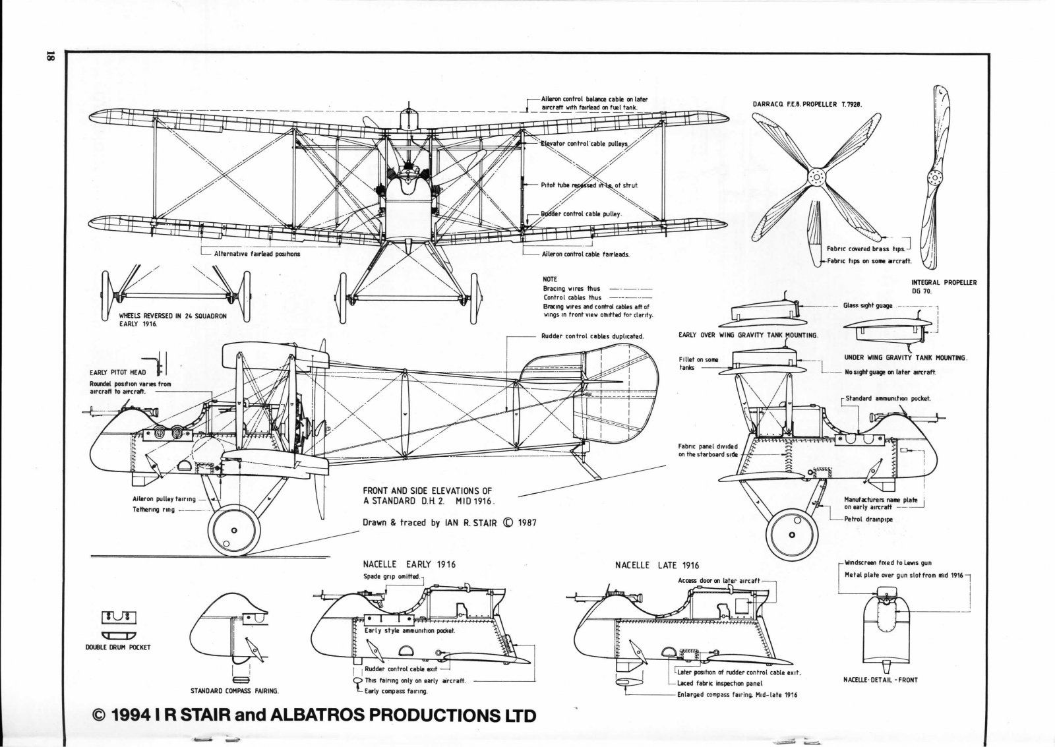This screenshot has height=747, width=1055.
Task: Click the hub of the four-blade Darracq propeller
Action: (818, 177)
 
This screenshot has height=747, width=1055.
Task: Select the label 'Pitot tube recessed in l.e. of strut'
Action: (589, 185)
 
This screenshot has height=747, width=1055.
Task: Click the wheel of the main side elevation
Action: (233, 530)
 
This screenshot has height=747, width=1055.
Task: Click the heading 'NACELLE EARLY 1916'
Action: (409, 564)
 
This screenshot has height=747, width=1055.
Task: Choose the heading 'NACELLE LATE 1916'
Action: (657, 565)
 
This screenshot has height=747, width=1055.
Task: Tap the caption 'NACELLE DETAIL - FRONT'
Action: (880, 680)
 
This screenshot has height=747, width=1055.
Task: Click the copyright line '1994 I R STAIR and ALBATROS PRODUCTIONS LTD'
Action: (315, 715)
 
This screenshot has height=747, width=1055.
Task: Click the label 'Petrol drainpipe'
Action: (868, 519)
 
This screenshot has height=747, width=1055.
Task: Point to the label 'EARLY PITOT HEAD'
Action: (118, 373)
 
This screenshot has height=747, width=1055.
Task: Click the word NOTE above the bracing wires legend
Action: (551, 280)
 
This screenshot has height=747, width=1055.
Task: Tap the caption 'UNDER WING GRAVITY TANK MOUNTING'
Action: (905, 357)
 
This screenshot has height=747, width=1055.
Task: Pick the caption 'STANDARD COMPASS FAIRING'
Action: (234, 691)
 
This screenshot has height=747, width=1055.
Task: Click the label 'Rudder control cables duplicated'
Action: (592, 336)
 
